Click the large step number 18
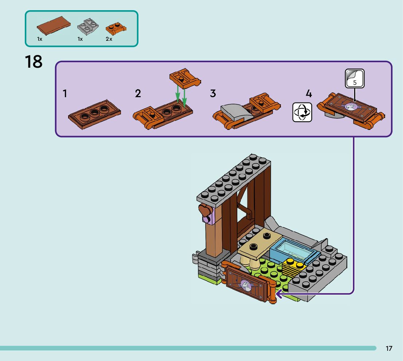click(34, 62)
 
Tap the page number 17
click(389, 348)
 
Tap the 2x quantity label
click(109, 39)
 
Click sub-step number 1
click(65, 94)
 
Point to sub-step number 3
click(213, 94)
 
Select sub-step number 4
click(309, 94)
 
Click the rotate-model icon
click(302, 112)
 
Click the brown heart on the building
click(205, 210)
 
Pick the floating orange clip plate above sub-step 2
click(184, 78)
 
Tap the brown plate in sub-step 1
click(95, 115)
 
